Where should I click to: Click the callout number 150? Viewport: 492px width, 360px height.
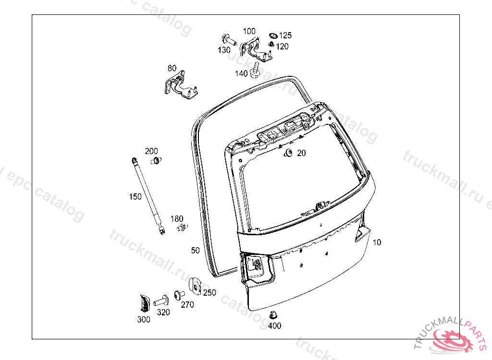[x=135, y=196]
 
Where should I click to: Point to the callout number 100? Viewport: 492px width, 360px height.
[x=249, y=31]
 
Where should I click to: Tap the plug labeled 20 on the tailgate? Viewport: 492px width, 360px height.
[x=289, y=153]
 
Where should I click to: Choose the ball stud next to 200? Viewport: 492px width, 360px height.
[x=155, y=160]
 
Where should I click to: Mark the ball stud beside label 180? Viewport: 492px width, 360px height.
[x=181, y=227]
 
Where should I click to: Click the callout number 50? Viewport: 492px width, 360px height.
[x=195, y=250]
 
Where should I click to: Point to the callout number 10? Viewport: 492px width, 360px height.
[x=377, y=242]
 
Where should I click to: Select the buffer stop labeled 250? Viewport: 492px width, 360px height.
[x=196, y=285]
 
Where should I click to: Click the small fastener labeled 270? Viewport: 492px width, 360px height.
[x=179, y=294]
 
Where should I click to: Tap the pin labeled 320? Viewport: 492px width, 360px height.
[x=161, y=301]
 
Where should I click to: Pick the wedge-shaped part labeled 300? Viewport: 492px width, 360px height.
[x=145, y=304]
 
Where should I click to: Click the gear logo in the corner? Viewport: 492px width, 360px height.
[x=454, y=339]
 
